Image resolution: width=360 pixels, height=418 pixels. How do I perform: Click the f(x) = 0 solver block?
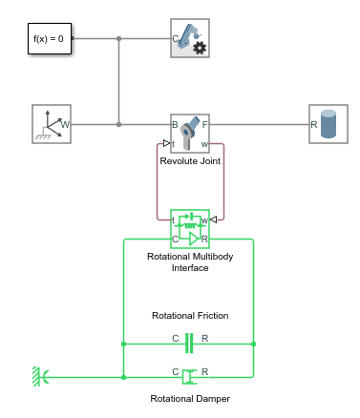click(48, 39)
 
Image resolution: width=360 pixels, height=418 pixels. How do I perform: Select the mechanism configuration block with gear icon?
click(190, 39)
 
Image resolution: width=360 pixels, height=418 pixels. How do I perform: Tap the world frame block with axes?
click(53, 124)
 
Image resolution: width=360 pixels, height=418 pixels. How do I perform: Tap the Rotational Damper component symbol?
click(189, 376)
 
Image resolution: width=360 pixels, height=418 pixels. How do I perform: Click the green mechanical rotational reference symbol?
click(38, 377)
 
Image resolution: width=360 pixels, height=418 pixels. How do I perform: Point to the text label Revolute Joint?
click(189, 161)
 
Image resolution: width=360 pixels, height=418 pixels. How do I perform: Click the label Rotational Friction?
click(189, 315)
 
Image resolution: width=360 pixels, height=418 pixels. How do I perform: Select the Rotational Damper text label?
click(189, 399)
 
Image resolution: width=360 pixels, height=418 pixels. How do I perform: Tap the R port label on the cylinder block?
click(315, 124)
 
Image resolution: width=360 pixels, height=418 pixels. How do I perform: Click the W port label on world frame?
click(66, 124)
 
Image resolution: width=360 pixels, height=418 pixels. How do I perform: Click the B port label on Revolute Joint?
click(176, 124)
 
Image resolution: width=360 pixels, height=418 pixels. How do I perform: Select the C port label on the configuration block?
click(176, 40)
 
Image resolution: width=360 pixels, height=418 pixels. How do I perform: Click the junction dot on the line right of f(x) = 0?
click(118, 39)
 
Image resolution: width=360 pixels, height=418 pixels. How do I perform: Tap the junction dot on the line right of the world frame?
click(118, 124)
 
